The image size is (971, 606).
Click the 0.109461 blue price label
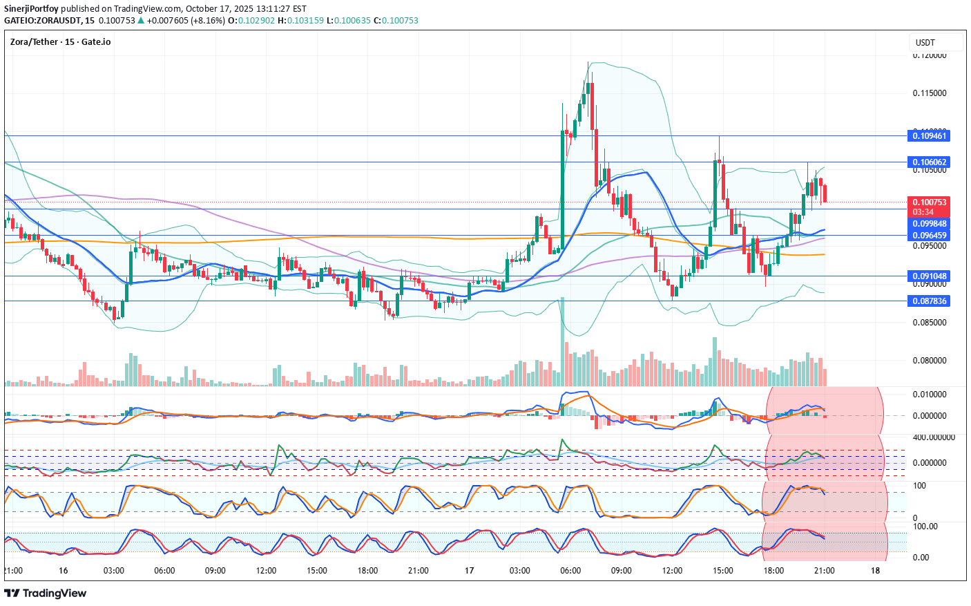[x=930, y=135]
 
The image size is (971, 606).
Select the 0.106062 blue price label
[x=930, y=162]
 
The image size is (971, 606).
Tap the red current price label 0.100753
[x=930, y=202]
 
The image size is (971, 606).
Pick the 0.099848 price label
[x=930, y=224]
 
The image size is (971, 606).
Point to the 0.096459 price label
[x=930, y=236]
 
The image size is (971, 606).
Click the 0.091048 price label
[x=930, y=276]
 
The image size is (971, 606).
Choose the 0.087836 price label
[x=930, y=301]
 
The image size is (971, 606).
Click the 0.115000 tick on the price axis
[x=930, y=93]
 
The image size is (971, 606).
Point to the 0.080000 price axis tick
[x=930, y=361]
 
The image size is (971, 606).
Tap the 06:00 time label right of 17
[x=570, y=571]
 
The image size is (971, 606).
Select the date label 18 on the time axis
[x=876, y=571]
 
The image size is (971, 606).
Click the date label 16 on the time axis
[x=64, y=571]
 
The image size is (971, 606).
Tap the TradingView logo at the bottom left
[x=46, y=594]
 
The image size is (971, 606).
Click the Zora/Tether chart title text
[x=60, y=42]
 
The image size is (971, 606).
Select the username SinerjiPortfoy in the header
[x=31, y=9]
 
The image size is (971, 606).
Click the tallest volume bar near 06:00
[x=562, y=342]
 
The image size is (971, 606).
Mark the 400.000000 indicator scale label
[x=934, y=437]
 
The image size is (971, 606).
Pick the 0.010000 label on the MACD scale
[x=930, y=395]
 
